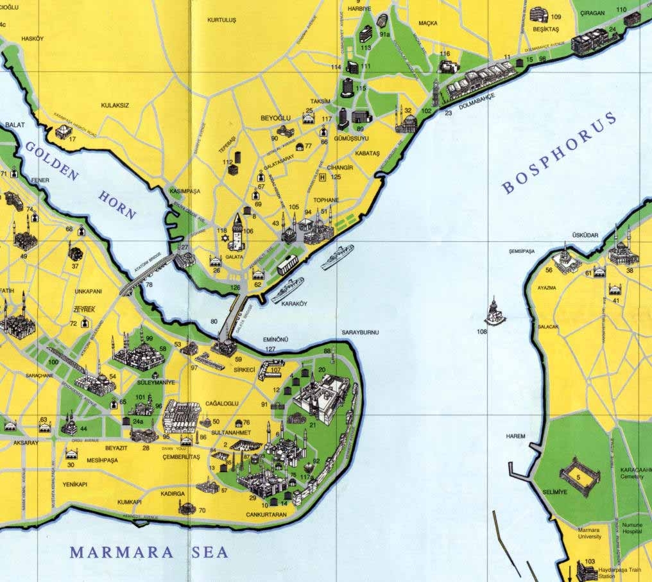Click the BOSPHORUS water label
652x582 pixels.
[559, 152]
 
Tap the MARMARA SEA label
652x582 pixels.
[148, 552]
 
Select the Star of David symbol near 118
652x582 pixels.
[224, 239]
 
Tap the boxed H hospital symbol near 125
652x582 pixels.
[323, 176]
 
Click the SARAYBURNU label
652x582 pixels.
[360, 332]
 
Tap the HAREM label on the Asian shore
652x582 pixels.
[515, 436]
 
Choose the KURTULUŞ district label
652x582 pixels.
[221, 21]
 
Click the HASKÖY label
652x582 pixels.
[32, 39]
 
